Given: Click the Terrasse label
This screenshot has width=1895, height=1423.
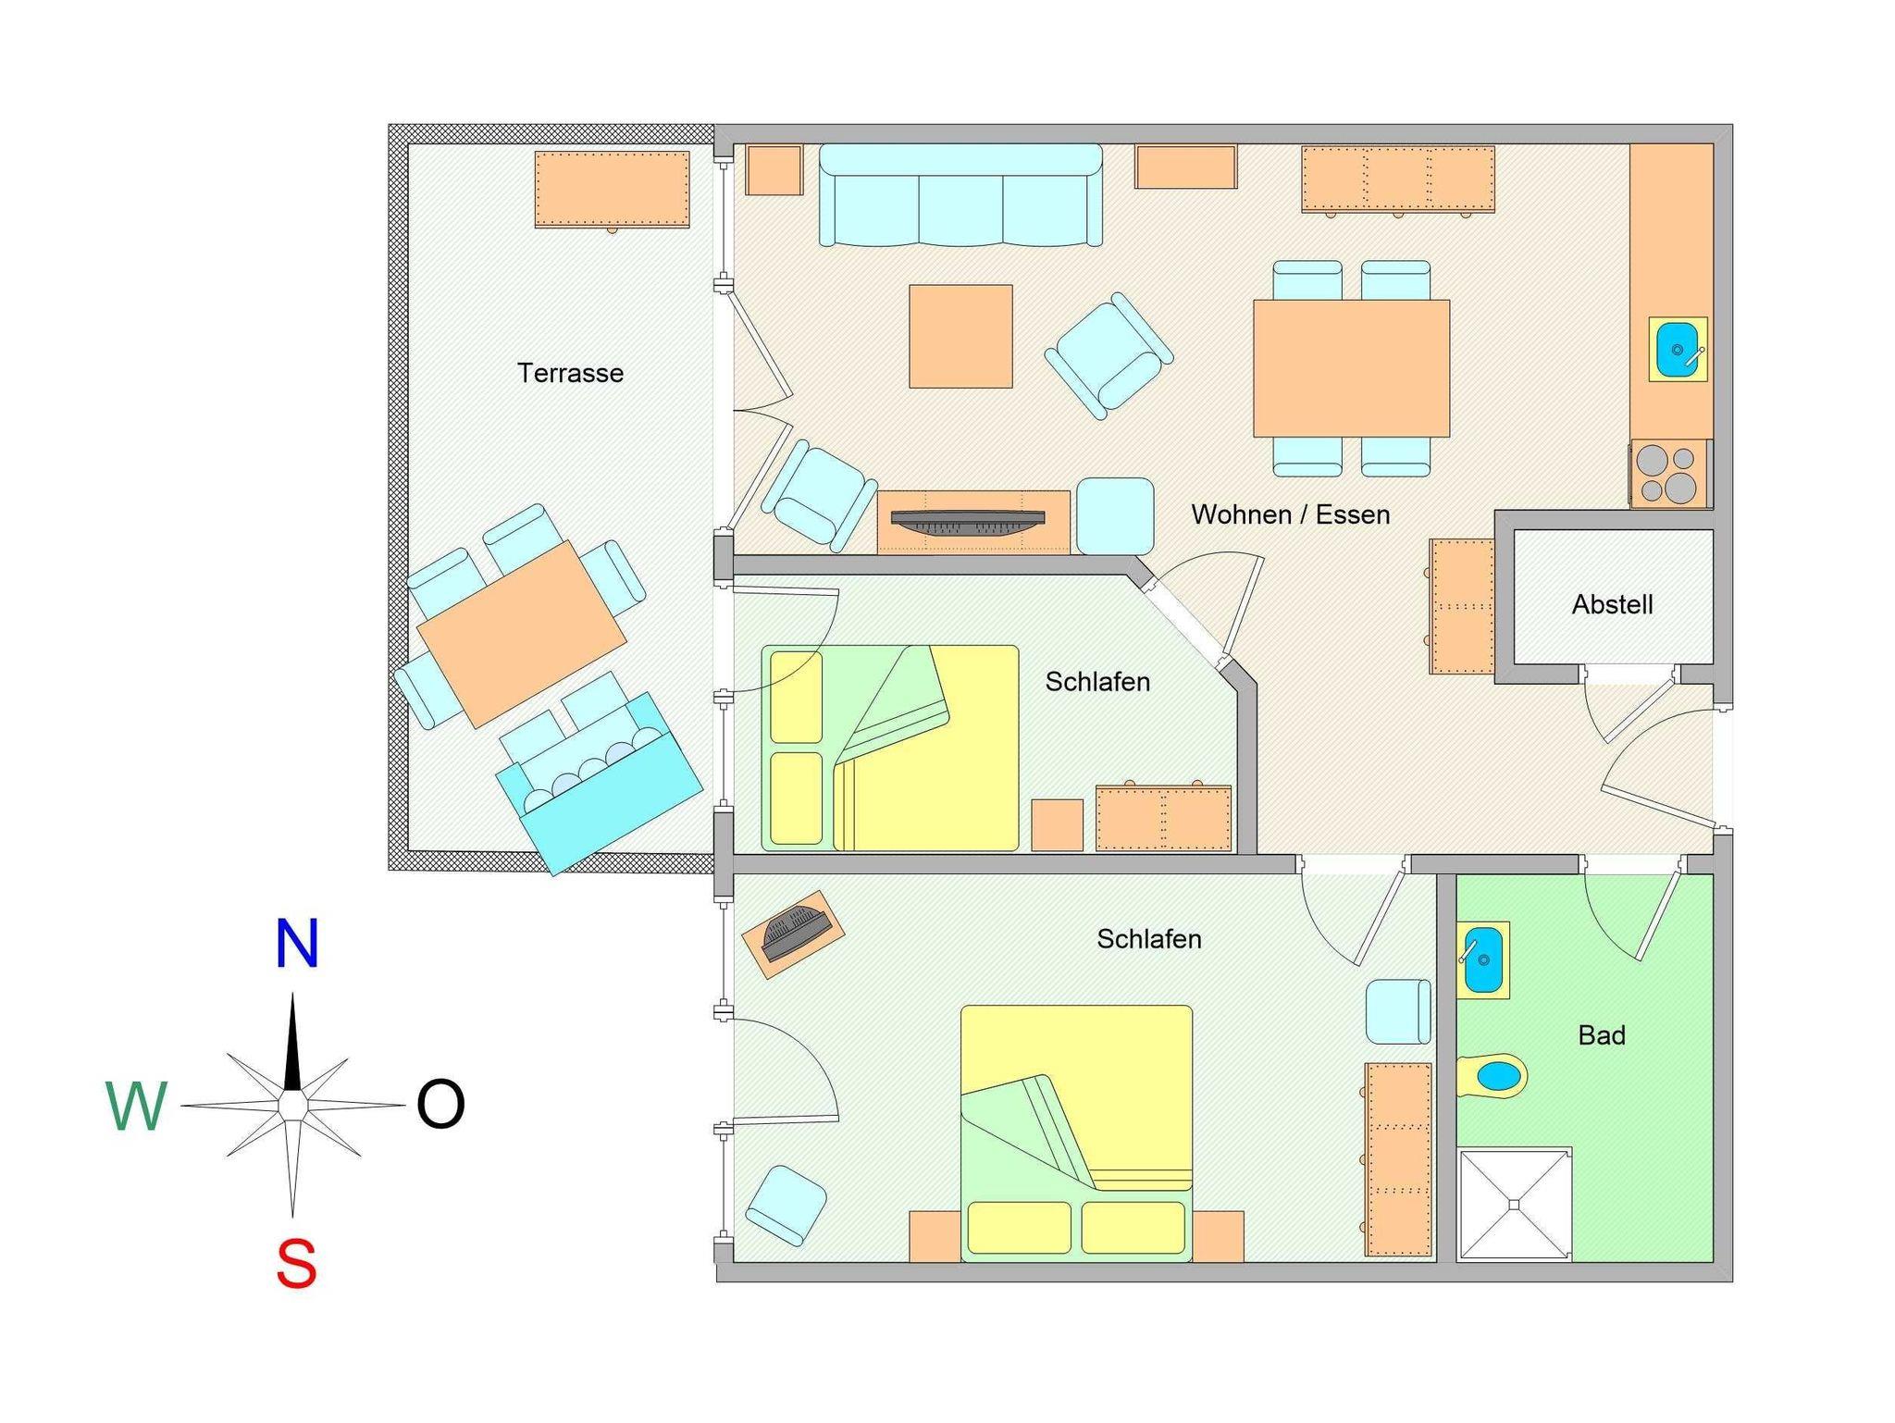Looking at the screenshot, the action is click(570, 373).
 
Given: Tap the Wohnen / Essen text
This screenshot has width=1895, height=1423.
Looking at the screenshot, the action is click(1290, 514).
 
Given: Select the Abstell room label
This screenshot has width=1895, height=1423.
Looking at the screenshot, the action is click(1612, 604).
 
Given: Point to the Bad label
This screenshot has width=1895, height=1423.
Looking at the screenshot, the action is click(1602, 1034).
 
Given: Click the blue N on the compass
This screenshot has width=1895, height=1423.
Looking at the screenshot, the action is click(297, 944).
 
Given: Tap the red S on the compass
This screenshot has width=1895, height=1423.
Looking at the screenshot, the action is click(296, 1264).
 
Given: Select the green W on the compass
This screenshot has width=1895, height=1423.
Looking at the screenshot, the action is click(137, 1106).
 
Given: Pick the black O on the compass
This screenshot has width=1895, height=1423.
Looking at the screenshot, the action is click(440, 1104).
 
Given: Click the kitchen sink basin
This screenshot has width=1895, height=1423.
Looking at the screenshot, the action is click(1678, 350).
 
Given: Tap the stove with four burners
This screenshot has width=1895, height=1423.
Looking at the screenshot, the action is click(1669, 474).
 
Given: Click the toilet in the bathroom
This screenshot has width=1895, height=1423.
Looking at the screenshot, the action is click(1492, 1076).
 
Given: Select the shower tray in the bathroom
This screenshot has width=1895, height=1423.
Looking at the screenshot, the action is click(1515, 1205).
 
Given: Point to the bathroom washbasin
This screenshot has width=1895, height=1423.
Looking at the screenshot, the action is click(1483, 960).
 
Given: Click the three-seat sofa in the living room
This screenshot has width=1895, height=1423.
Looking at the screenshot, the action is click(960, 195).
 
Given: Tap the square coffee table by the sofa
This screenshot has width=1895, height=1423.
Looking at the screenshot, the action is click(960, 336).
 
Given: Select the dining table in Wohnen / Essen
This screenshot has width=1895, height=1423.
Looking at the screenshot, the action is click(1351, 368).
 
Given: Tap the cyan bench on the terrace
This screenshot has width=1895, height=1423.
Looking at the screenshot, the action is click(600, 783).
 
